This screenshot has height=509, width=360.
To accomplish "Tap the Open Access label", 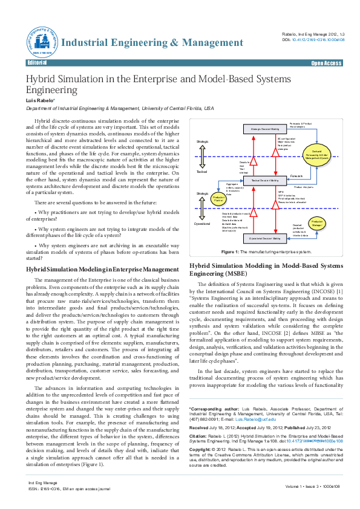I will point(326,63).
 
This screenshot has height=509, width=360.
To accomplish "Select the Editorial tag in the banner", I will point(38,63).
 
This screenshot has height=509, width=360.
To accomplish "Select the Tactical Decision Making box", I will point(264,180).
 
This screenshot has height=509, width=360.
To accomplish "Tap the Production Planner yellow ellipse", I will point(219,198).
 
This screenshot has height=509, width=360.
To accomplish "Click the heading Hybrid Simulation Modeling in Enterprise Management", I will point(102,268).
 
